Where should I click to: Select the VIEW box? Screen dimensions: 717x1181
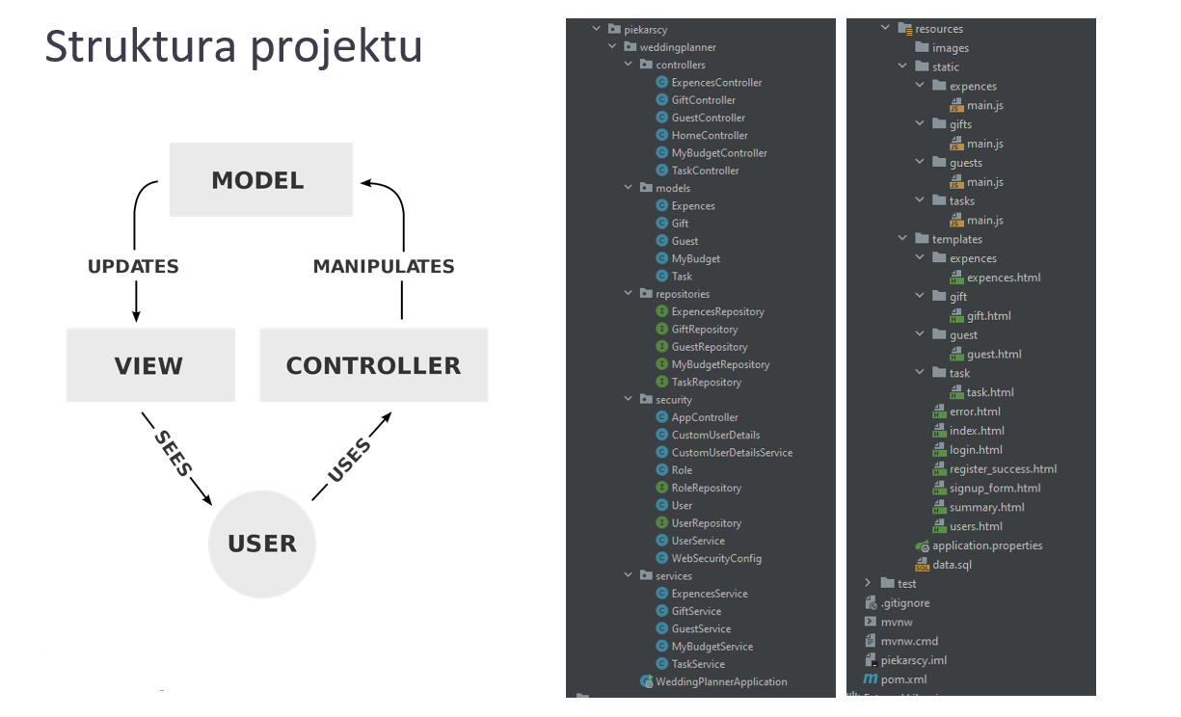(x=149, y=365)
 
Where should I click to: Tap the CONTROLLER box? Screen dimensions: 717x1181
(x=373, y=365)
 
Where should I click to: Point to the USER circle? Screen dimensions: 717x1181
(x=261, y=544)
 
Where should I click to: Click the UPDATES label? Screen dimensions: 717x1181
(x=133, y=266)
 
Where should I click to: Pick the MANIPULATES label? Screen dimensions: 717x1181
(x=383, y=266)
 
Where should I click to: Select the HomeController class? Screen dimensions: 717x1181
(x=709, y=136)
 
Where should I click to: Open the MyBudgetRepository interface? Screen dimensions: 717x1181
(x=719, y=364)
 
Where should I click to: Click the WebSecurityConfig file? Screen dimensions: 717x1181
(x=715, y=558)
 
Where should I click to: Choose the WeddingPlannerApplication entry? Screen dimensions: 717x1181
(x=720, y=681)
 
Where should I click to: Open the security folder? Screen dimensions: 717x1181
(x=673, y=400)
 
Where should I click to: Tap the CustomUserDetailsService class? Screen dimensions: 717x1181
(x=731, y=453)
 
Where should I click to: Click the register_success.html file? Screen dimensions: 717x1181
(x=1002, y=469)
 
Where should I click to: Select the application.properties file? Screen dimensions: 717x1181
(x=986, y=545)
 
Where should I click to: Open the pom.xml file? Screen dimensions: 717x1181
(x=904, y=679)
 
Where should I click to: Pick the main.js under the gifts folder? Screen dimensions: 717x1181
(x=984, y=144)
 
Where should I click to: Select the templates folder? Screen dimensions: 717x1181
(x=956, y=239)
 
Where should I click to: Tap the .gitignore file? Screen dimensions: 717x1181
(x=905, y=603)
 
